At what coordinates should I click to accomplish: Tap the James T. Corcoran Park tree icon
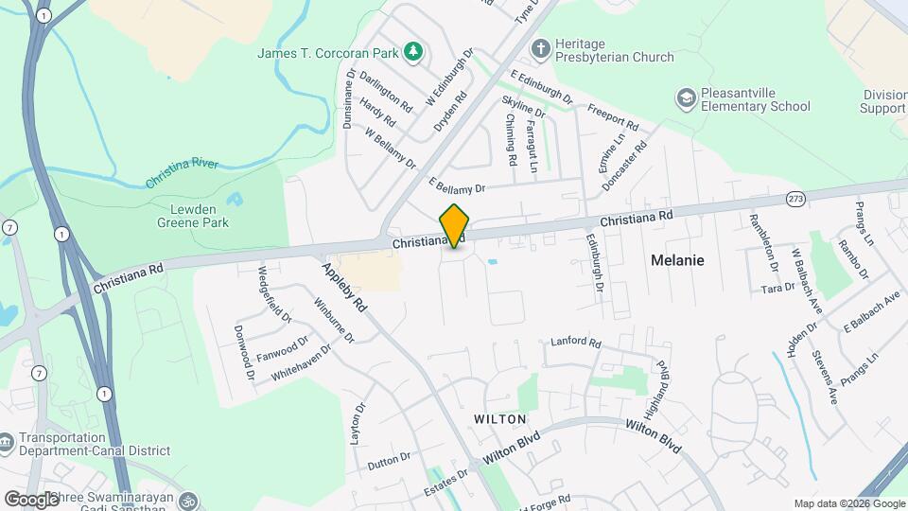pos(412,51)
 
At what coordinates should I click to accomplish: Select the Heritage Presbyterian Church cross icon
pos(540,47)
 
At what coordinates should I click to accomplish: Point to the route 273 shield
pos(795,199)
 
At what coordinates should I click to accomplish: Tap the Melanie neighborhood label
pos(677,259)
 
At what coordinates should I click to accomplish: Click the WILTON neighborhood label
pos(500,418)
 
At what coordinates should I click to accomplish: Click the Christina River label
pos(183,172)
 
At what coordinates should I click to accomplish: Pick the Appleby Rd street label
pos(344,288)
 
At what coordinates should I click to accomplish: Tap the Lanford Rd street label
pos(576,341)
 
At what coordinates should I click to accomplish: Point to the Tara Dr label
pos(777,288)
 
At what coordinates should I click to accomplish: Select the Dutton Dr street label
pos(389,461)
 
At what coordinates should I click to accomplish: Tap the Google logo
pos(32,499)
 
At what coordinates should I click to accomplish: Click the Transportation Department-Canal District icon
pos(8,442)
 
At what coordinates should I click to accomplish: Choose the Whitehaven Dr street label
pos(302,361)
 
